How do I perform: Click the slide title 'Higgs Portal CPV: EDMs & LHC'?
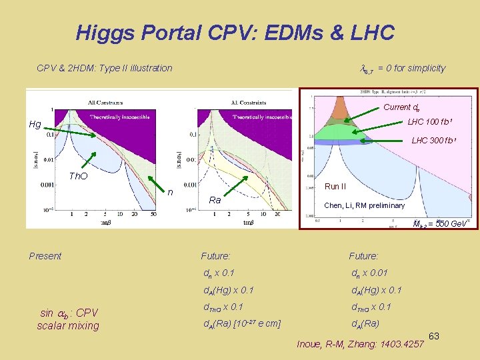[235, 32]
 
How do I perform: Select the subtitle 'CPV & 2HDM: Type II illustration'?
[104, 68]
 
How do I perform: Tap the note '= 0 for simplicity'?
[411, 68]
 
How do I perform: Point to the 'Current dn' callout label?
[401, 107]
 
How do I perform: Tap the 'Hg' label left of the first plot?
[35, 124]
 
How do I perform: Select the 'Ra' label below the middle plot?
[215, 200]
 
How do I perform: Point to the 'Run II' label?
[335, 187]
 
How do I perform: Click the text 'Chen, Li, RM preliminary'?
[364, 205]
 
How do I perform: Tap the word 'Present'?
[45, 256]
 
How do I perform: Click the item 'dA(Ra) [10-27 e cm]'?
[242, 325]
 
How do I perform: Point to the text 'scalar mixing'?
[67, 326]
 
